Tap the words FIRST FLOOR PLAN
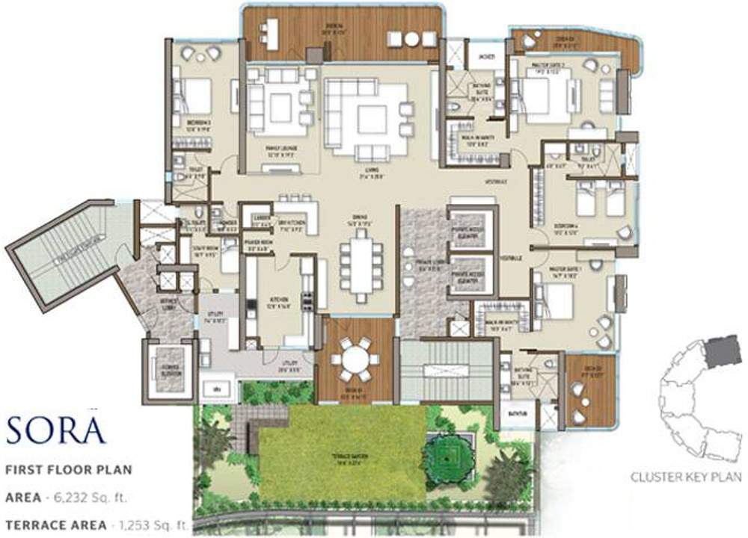(x=69, y=470)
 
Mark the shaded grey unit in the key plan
(x=723, y=350)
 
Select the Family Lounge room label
(x=280, y=148)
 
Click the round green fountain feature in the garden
(x=446, y=454)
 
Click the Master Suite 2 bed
(x=546, y=97)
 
